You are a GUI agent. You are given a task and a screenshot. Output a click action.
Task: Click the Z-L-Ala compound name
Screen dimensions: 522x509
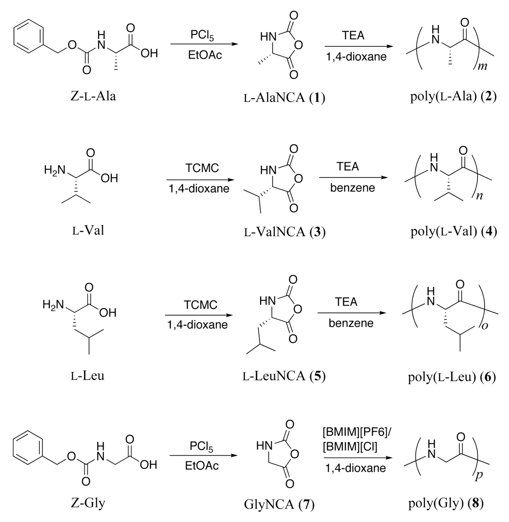click(93, 96)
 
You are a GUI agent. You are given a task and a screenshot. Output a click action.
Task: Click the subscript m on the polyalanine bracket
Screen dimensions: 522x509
click(483, 66)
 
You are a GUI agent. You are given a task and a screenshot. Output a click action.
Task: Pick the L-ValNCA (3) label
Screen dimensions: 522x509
click(285, 232)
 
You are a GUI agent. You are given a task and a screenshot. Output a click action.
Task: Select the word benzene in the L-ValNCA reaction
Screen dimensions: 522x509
click(352, 188)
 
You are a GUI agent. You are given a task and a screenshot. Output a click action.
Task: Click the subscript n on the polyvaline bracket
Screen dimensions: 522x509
click(479, 196)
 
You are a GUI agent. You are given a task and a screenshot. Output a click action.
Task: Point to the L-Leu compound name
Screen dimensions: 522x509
click(87, 376)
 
